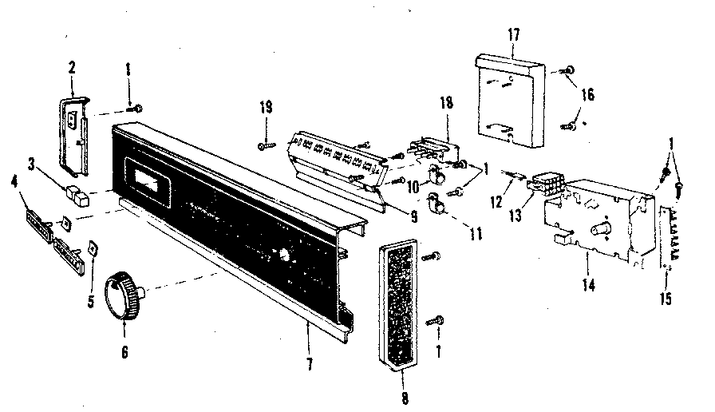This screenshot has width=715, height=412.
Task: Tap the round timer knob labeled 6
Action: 124,291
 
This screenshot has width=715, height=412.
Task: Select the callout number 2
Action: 71,68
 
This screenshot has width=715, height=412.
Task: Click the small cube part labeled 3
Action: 77,192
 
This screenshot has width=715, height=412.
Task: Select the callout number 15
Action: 666,299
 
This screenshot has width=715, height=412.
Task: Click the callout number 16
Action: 588,93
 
